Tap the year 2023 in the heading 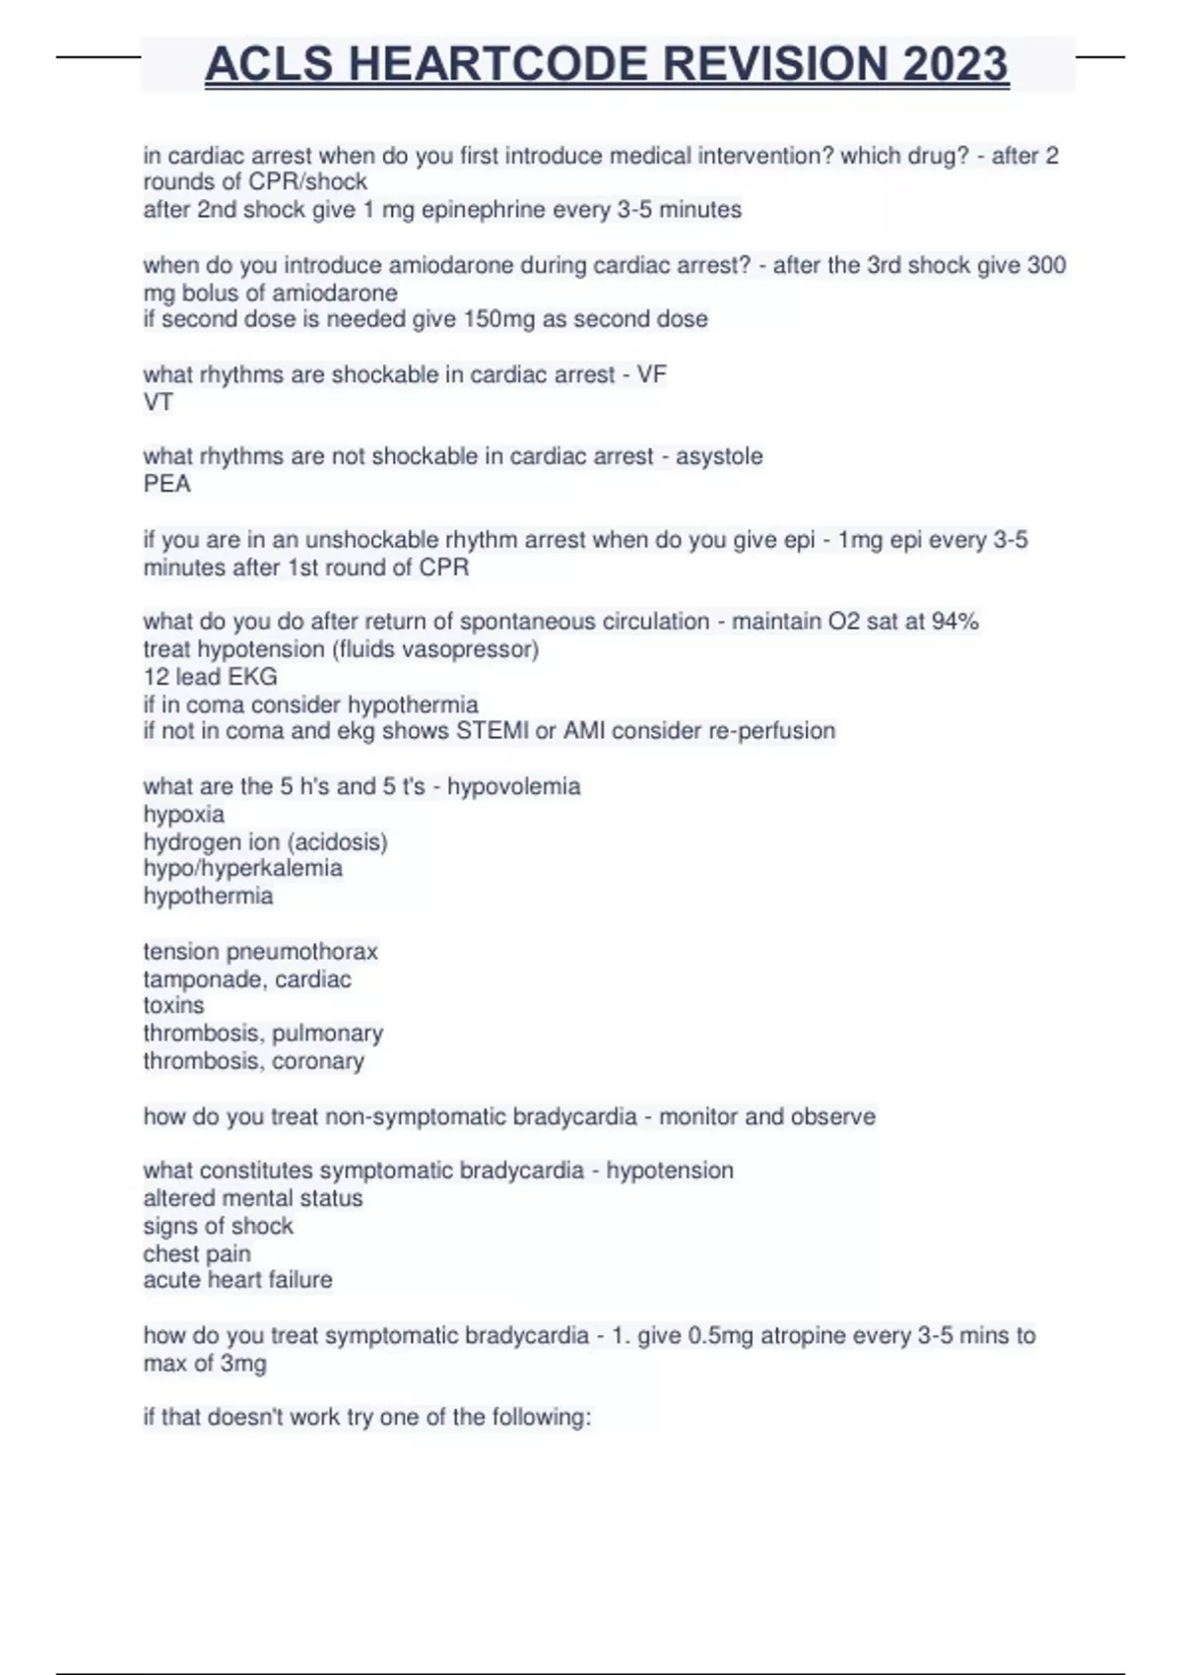click(x=954, y=64)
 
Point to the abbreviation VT click(x=158, y=402)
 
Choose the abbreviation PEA click(x=166, y=484)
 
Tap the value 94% click(x=954, y=622)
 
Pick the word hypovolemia click(x=513, y=786)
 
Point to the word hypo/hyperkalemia click(x=242, y=868)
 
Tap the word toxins click(x=173, y=1006)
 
